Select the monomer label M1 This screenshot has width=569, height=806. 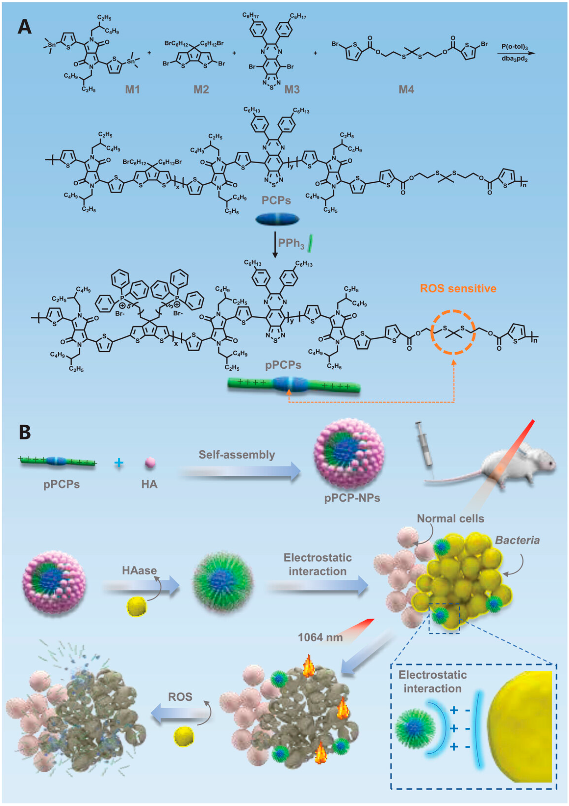pos(132,90)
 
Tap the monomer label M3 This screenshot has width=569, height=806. pos(292,90)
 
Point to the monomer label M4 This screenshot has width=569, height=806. pos(406,90)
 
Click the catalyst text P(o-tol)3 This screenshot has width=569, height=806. pos(514,47)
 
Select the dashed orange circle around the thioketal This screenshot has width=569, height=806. pos(453,332)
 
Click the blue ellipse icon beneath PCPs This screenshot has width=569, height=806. pos(277,220)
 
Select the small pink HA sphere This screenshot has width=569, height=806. pos(150,462)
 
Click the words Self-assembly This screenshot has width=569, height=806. pos(237,455)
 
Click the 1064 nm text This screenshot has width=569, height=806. pos(320,637)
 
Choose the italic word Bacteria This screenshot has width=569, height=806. pos(517,540)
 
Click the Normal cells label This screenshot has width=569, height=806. pos(450,519)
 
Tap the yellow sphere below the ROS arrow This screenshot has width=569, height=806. pos(184,736)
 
